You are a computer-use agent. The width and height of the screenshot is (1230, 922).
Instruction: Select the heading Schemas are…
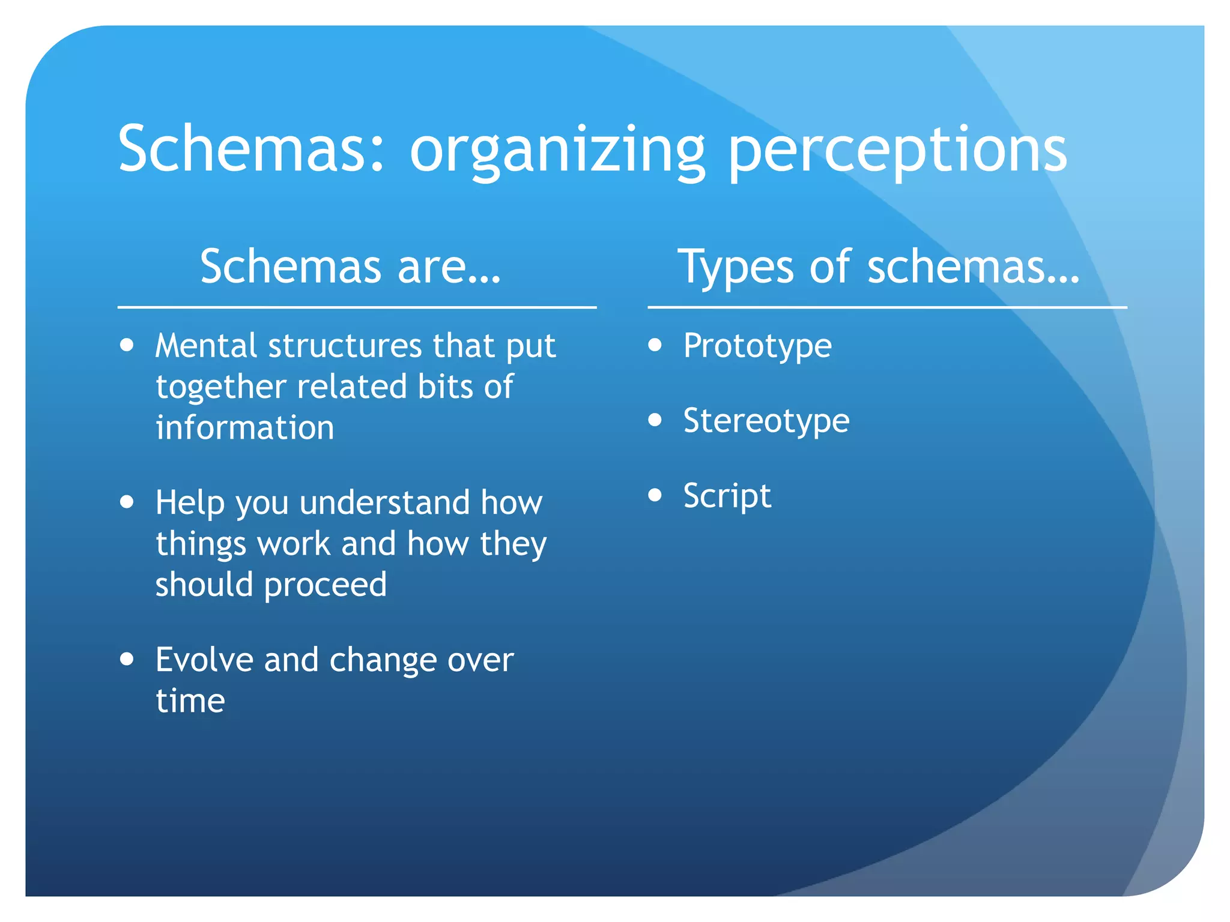(351, 267)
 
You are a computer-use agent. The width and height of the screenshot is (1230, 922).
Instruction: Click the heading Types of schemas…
(879, 267)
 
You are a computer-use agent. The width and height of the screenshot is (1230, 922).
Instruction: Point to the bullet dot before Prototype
(655, 345)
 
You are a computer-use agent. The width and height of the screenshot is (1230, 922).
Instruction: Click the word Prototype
(757, 346)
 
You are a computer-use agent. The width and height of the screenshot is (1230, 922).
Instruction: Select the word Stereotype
(766, 421)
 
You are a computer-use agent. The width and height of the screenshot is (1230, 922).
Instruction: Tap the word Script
(727, 496)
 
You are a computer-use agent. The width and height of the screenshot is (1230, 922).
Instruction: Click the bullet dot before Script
(655, 495)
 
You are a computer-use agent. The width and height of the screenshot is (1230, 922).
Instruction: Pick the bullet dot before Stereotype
(655, 420)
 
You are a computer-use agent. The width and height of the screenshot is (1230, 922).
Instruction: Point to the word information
(244, 427)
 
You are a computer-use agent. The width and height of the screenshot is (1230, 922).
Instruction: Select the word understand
(384, 502)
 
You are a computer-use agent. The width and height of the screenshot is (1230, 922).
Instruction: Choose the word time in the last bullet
(190, 701)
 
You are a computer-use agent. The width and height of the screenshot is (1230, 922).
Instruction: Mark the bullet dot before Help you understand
(127, 501)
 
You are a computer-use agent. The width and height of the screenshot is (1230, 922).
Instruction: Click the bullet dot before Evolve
(127, 658)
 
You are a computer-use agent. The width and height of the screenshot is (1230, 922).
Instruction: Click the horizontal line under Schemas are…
(357, 307)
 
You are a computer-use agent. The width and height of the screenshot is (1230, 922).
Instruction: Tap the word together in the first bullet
(220, 387)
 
